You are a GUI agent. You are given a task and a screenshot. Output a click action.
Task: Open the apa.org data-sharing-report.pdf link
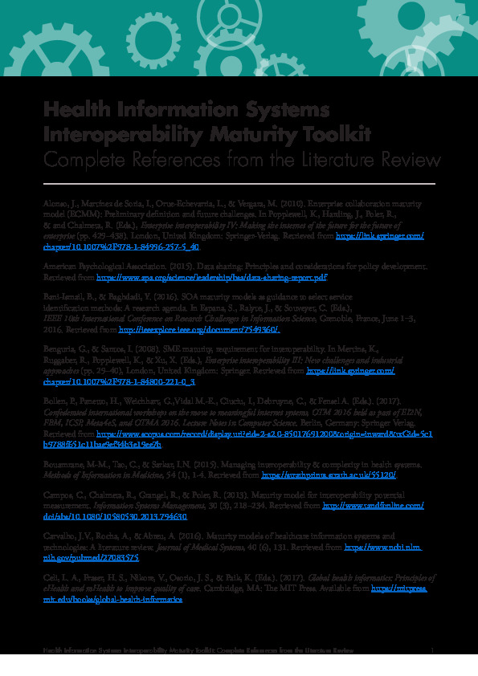click(211, 277)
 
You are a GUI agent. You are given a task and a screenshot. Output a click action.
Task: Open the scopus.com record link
click(264, 433)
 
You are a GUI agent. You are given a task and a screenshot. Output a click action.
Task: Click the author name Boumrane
click(63, 465)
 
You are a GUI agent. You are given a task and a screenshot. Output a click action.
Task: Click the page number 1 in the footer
click(432, 649)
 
